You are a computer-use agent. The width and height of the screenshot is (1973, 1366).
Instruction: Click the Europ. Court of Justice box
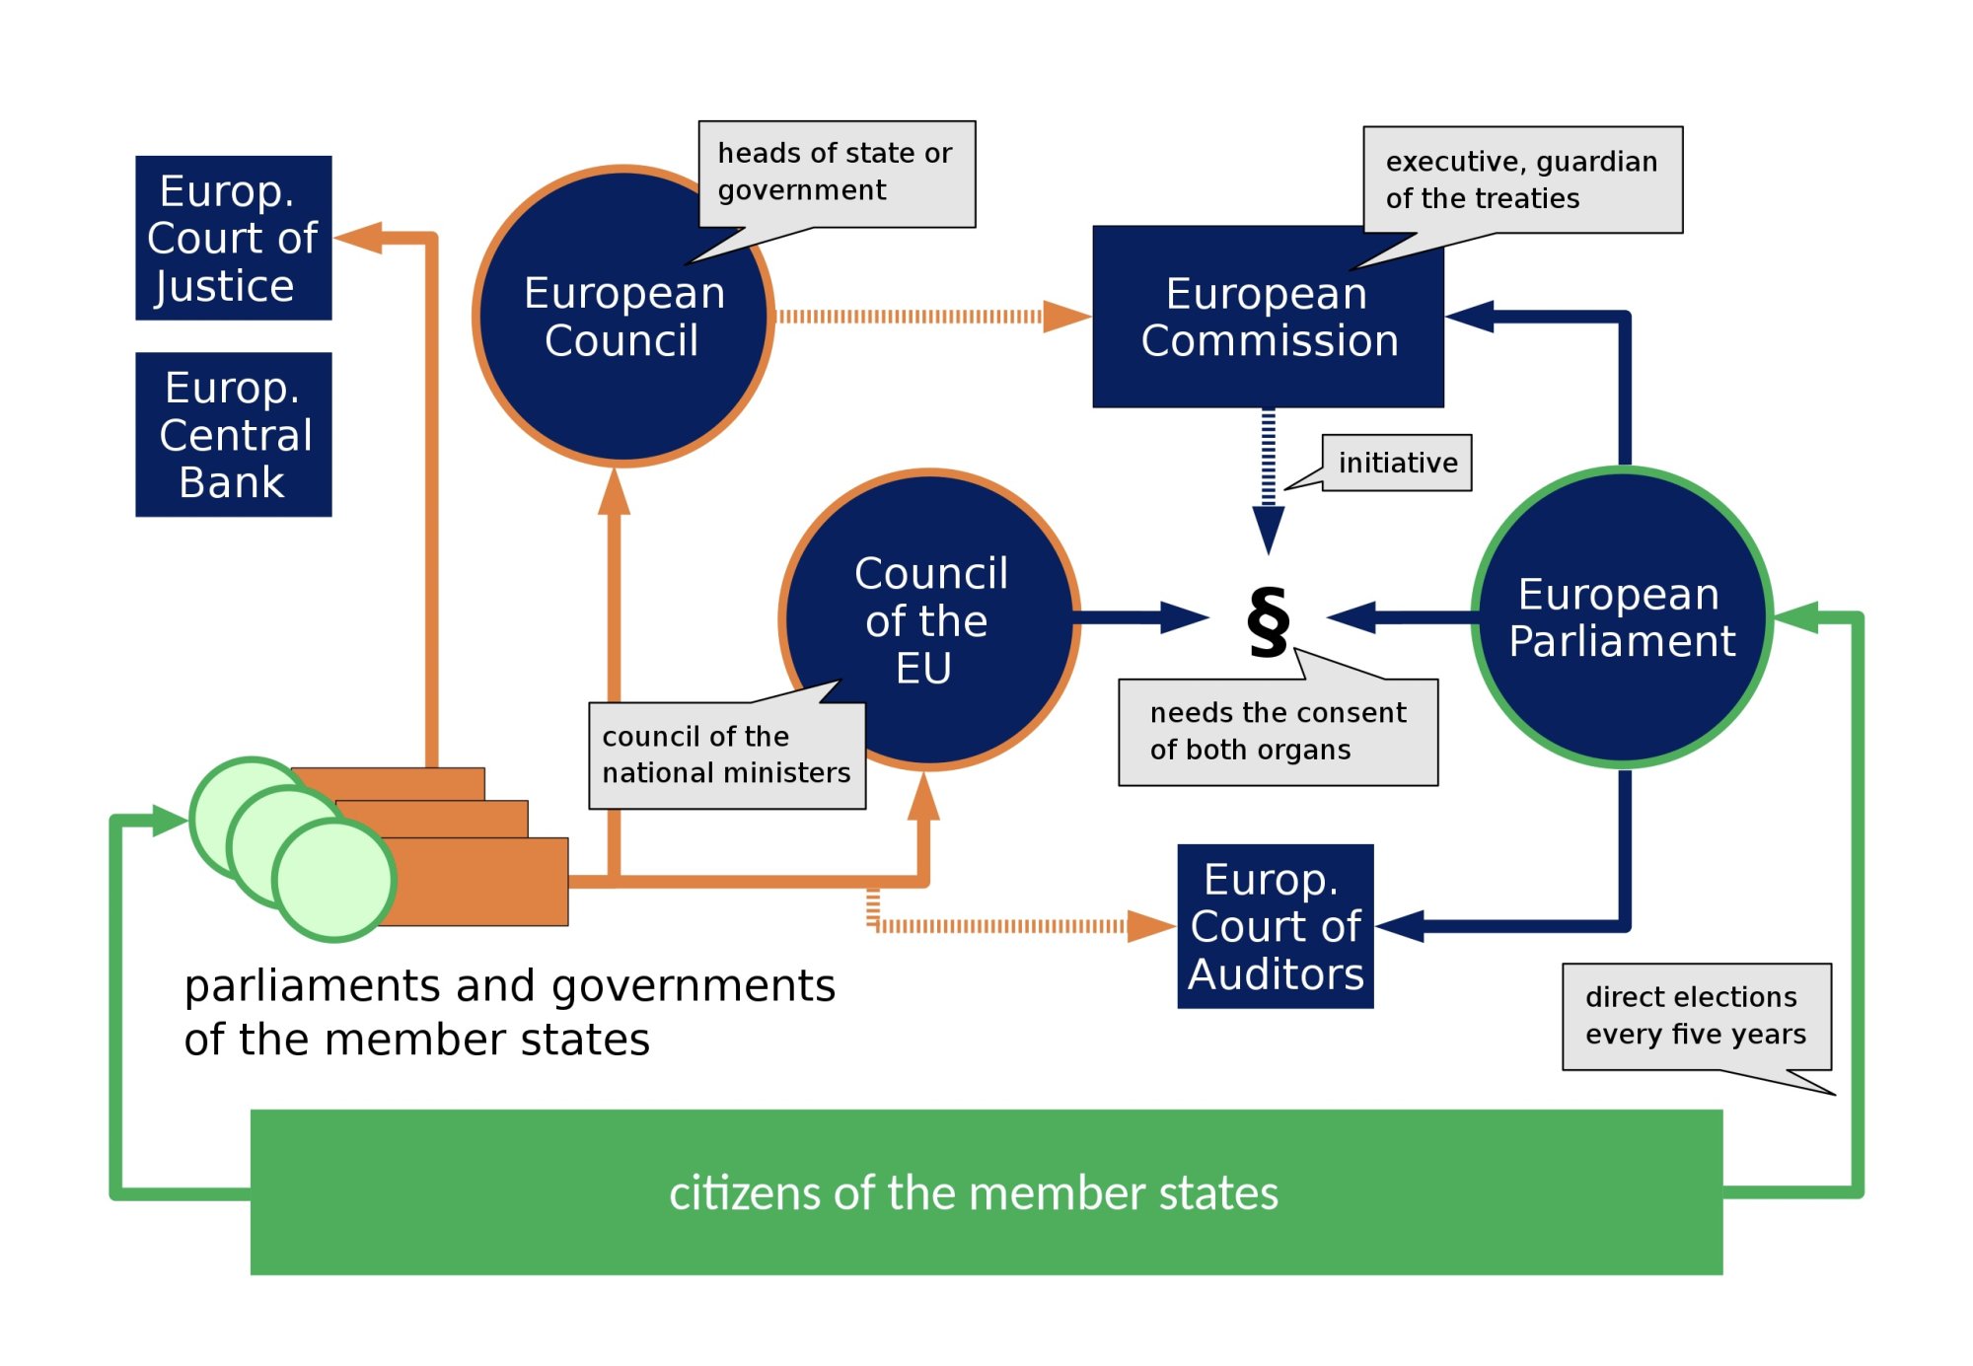click(x=233, y=238)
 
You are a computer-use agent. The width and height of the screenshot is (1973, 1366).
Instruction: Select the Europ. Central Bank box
click(x=233, y=434)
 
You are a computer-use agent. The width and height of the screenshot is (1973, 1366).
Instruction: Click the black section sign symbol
click(x=1268, y=620)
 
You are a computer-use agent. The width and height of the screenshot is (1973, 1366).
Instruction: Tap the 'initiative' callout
click(x=1397, y=463)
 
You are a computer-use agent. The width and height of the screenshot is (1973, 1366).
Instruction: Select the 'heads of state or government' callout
click(x=837, y=173)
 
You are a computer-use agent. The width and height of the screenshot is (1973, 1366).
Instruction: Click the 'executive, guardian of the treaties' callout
click(x=1522, y=180)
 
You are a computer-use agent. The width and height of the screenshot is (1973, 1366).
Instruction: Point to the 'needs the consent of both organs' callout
click(x=1278, y=731)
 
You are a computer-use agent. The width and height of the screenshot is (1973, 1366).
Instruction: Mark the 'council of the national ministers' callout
click(x=726, y=755)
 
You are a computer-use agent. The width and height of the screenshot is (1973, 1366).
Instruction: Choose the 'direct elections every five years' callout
click(x=1696, y=1016)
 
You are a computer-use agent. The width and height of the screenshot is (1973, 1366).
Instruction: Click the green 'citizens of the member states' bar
click(x=986, y=1191)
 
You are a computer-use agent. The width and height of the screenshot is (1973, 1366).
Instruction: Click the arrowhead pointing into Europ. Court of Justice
click(x=357, y=238)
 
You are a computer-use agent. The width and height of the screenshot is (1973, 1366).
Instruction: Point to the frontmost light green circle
click(x=334, y=880)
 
